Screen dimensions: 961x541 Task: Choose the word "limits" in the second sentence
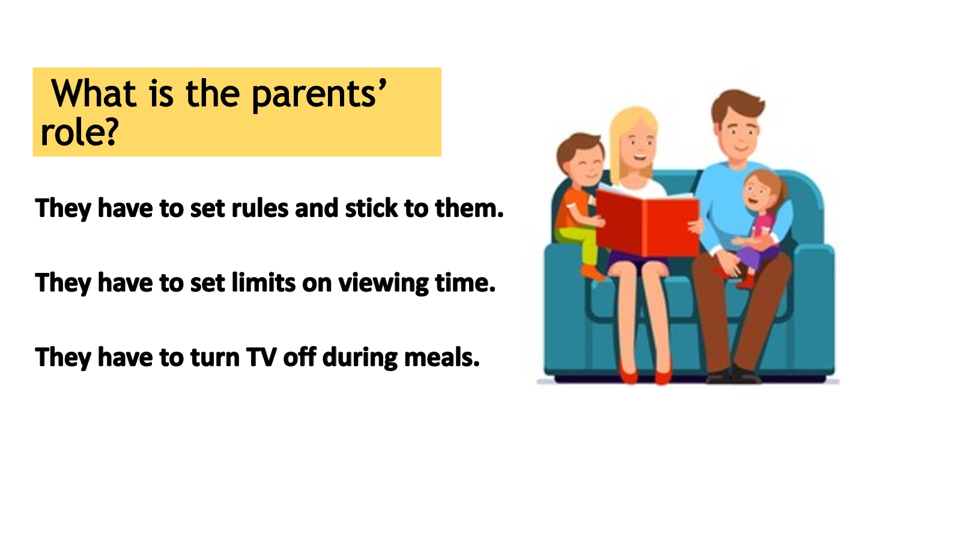[x=264, y=283]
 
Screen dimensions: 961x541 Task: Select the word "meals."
[x=442, y=357]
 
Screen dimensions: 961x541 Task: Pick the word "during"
[x=360, y=358]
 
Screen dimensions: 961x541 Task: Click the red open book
[x=647, y=223]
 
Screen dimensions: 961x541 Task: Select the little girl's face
[x=759, y=192]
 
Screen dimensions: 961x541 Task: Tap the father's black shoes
[x=733, y=375]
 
